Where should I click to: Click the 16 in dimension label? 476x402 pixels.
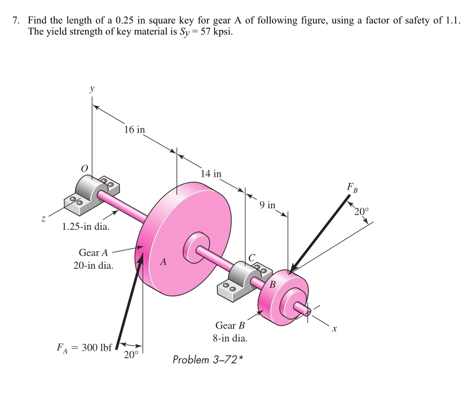pyautogui.click(x=134, y=130)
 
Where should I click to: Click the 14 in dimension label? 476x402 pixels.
pyautogui.click(x=211, y=173)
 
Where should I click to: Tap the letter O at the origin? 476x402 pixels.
pyautogui.click(x=85, y=168)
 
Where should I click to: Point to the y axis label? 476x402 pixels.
pyautogui.click(x=91, y=89)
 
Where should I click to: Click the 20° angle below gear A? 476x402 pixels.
pyautogui.click(x=131, y=355)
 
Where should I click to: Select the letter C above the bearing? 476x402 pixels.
pyautogui.click(x=253, y=257)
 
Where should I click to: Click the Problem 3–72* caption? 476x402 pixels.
pyautogui.click(x=208, y=360)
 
